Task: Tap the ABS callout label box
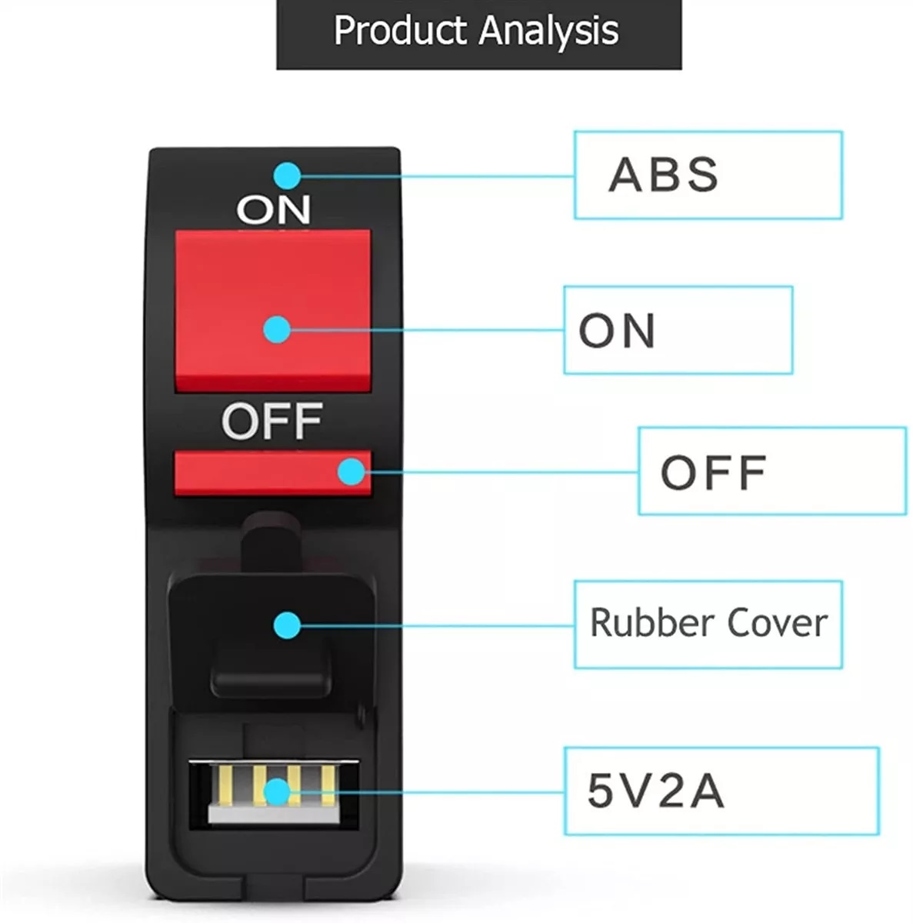pos(708,175)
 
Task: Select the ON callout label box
pos(678,330)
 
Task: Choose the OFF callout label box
pos(771,471)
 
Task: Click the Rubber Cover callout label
pos(708,624)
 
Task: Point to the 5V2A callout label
pos(721,790)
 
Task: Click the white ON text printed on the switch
pos(273,208)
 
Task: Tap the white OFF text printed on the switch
pos(271,421)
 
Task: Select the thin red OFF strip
pos(254,472)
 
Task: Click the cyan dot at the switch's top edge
pos(287,175)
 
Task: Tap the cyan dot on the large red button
pos(276,330)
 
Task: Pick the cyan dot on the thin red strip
pos(352,471)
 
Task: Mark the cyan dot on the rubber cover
pos(287,625)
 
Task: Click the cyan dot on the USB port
pos(276,791)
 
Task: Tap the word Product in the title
pos(400,31)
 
